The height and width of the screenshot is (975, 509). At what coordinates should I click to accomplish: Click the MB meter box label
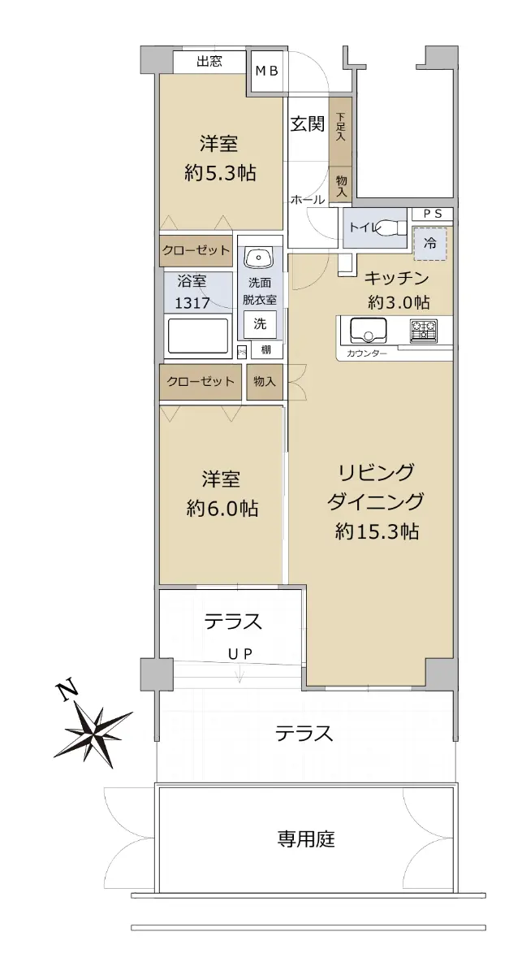tap(266, 71)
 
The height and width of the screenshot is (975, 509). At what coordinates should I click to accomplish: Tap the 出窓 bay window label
tap(209, 62)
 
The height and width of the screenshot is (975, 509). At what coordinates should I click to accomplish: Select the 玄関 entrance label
tap(308, 124)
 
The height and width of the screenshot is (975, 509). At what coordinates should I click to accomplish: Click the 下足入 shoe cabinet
tap(340, 132)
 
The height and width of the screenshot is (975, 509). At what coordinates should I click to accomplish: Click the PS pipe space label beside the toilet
tap(433, 214)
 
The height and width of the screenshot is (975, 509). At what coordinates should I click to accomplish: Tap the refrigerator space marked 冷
tap(429, 244)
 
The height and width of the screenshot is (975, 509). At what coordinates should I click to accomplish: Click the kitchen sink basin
tap(368, 330)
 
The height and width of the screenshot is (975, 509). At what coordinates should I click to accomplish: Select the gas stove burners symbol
tap(423, 330)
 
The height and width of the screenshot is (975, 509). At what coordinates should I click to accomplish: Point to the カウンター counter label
tap(366, 353)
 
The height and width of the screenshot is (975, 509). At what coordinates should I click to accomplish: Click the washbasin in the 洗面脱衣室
tap(258, 258)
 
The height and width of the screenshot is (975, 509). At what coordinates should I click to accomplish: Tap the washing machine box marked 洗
tap(260, 324)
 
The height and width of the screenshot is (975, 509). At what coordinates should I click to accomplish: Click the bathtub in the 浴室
tap(198, 336)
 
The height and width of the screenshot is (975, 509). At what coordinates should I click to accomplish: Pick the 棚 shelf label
tap(266, 349)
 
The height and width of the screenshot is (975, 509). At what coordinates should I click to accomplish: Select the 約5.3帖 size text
tap(220, 173)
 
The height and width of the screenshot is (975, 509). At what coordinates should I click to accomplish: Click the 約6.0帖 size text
tap(222, 509)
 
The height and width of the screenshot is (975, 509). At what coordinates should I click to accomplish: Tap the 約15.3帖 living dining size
tap(377, 531)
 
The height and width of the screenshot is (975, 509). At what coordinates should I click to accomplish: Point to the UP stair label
tap(240, 653)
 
